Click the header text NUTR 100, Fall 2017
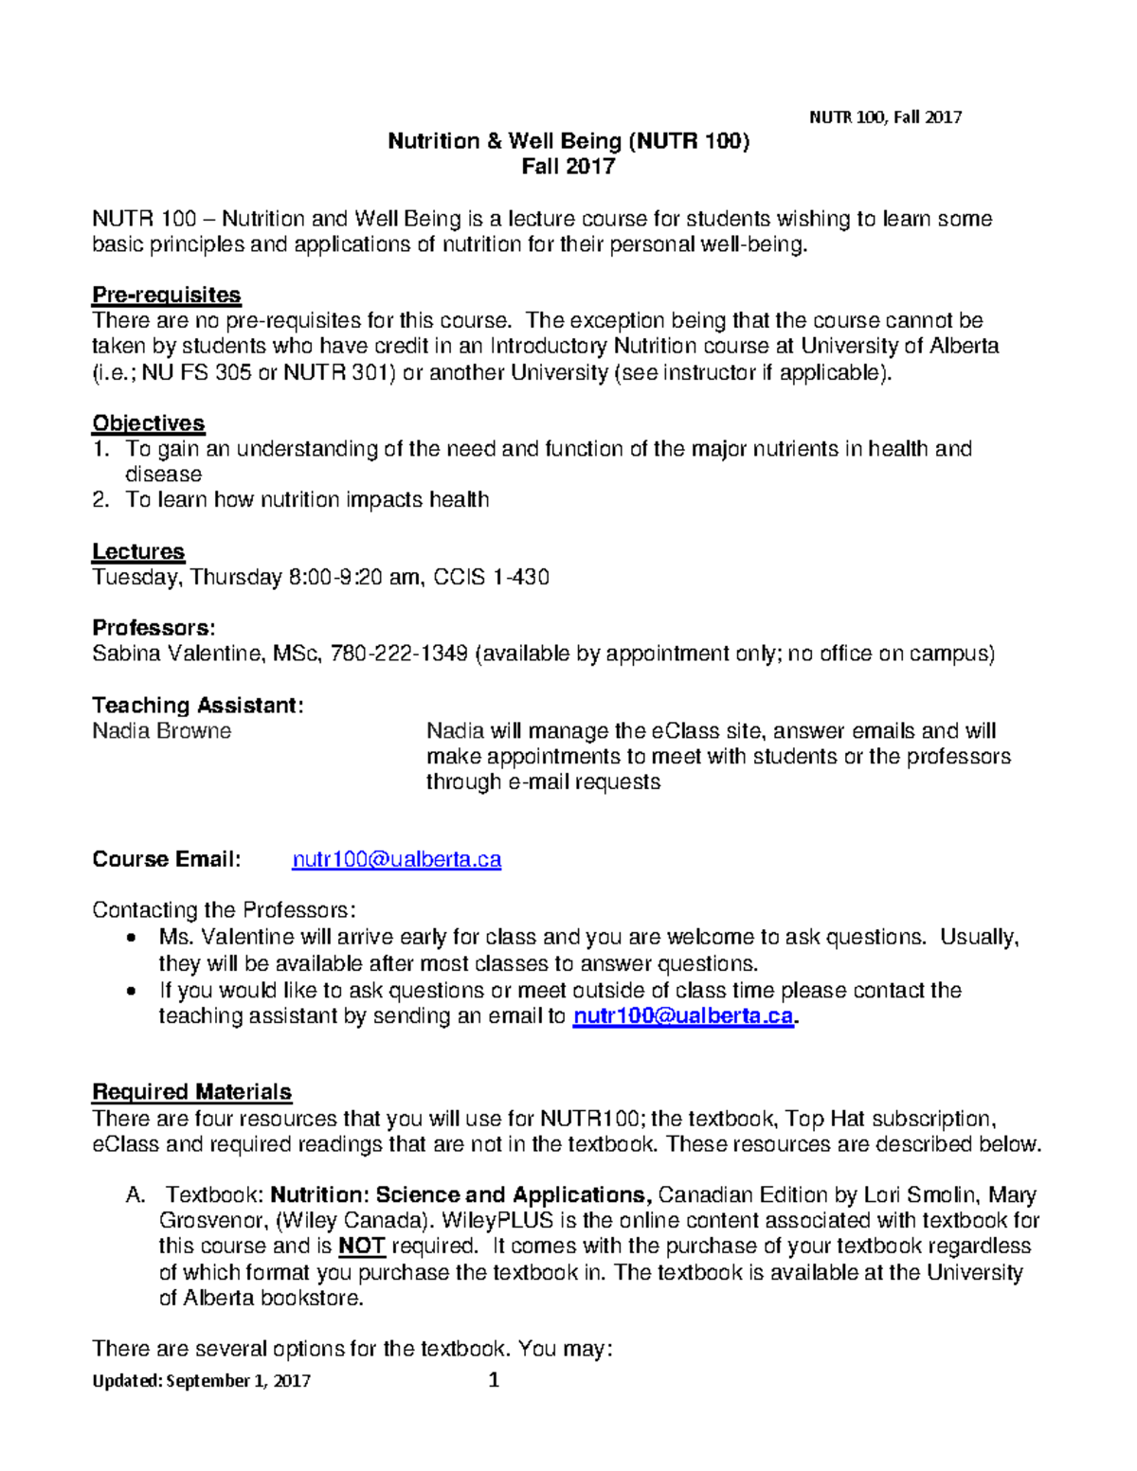click(885, 117)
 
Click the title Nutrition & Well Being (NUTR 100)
click(568, 142)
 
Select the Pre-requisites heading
click(166, 295)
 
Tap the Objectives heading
click(148, 422)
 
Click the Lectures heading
click(138, 551)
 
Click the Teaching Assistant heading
click(197, 706)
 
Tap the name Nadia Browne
click(161, 731)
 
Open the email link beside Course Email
click(396, 859)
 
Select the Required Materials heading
click(191, 1092)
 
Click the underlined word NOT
click(361, 1246)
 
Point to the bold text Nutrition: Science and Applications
click(460, 1194)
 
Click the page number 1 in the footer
click(493, 1380)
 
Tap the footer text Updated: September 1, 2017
click(201, 1381)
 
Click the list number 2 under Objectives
click(100, 500)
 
